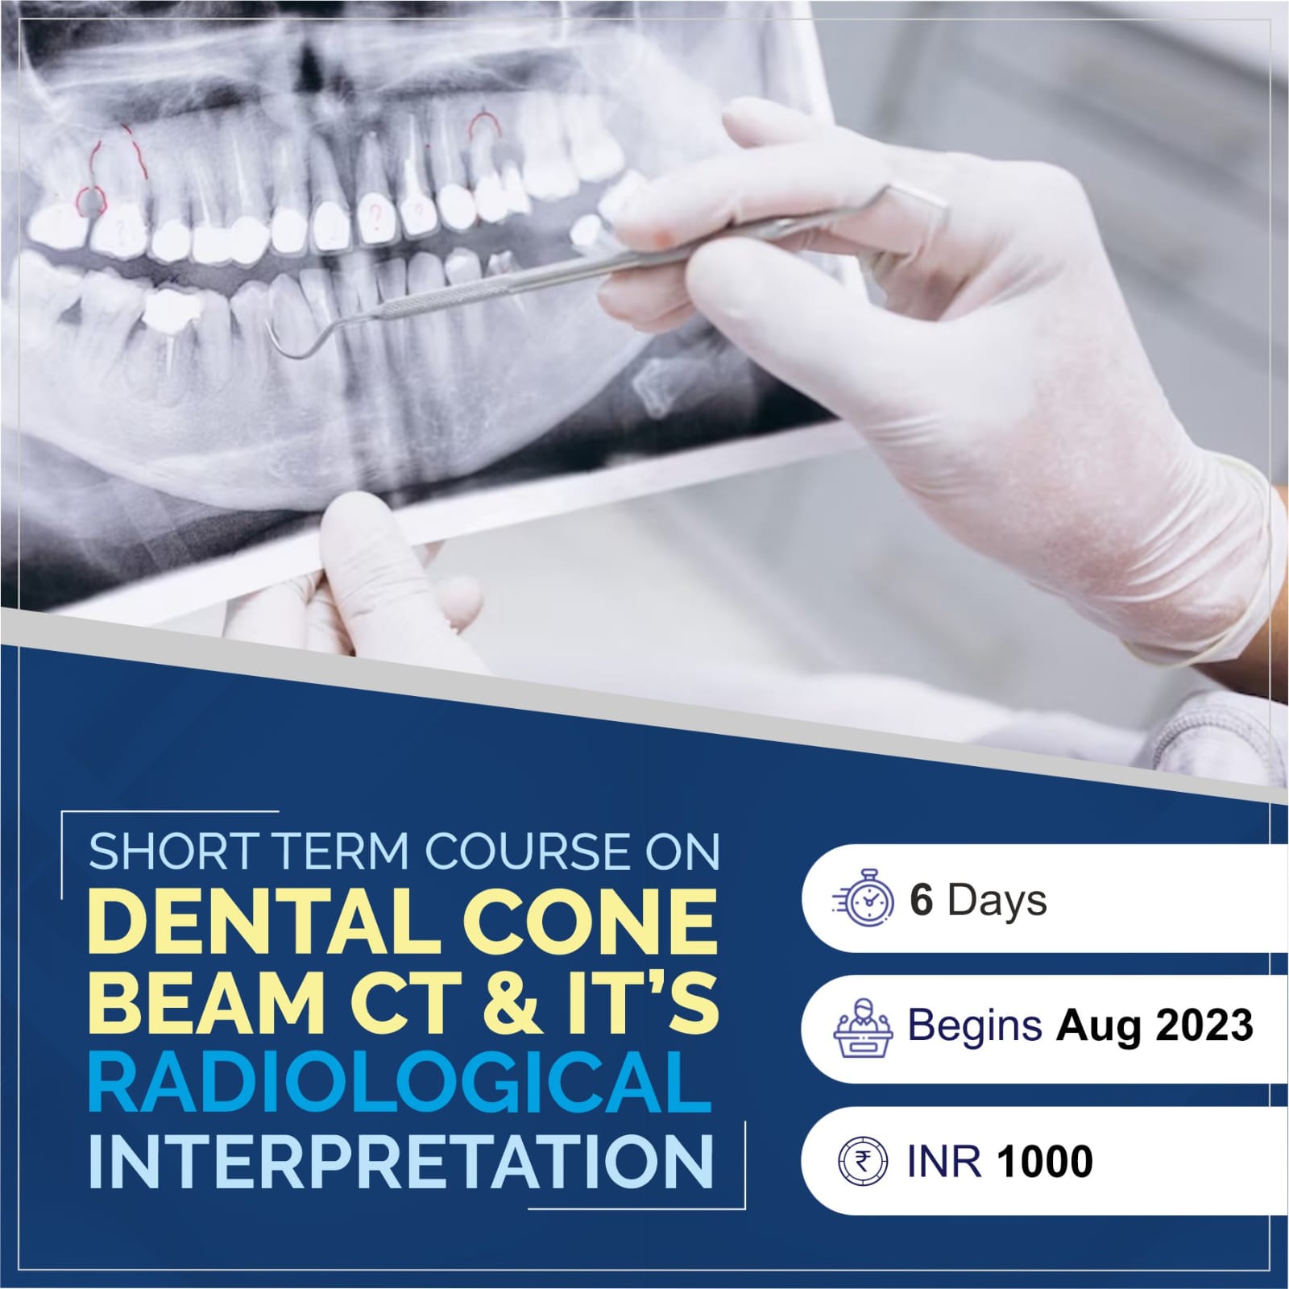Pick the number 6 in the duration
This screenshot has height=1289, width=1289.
pyautogui.click(x=921, y=900)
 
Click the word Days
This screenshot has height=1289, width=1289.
pyautogui.click(x=997, y=901)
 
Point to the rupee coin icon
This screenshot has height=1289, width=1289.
pyautogui.click(x=862, y=1161)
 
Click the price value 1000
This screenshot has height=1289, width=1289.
pyautogui.click(x=1046, y=1161)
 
